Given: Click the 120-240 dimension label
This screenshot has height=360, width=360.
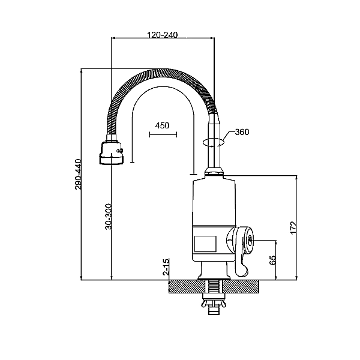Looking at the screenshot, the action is coord(163,35).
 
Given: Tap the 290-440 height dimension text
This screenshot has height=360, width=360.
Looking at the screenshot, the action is coord(78,174).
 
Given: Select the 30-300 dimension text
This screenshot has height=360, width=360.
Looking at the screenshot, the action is coord(108,217).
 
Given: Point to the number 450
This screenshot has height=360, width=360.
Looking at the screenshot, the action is coord(163,125).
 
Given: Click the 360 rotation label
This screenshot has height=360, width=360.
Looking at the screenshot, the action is coord(242,132).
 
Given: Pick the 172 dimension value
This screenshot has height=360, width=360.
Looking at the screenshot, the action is coord(293,228).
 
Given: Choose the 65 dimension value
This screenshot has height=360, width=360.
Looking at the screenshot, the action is coord(272,260).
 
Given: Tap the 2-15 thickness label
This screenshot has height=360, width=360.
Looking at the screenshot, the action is coord(166,266).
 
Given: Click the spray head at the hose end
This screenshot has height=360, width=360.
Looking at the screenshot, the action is coord(112,153).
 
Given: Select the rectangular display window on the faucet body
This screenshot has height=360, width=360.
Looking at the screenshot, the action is coord(205,244).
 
